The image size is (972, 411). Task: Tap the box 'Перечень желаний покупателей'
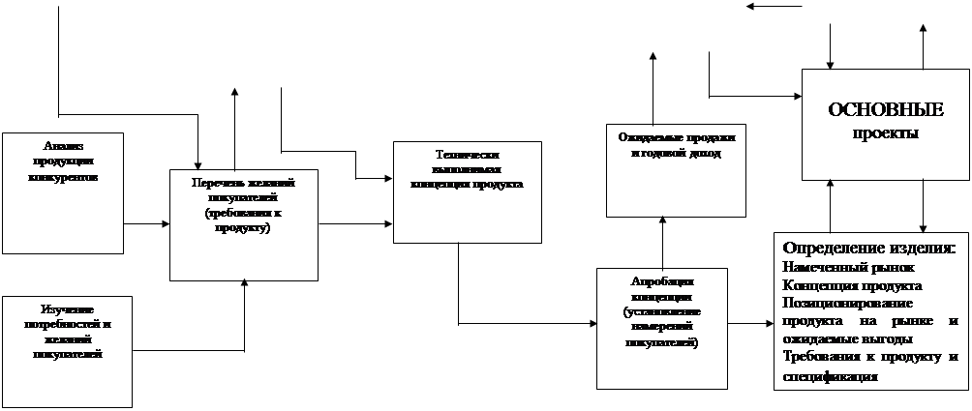(244, 224)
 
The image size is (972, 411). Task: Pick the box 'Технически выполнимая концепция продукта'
(467, 191)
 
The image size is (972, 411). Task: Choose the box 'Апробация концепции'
(663, 328)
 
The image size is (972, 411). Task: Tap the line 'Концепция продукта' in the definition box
(852, 285)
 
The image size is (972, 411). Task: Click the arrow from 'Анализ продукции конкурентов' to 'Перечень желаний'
(146, 224)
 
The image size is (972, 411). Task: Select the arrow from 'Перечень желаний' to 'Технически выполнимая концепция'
(355, 224)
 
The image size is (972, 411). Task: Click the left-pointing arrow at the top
(775, 8)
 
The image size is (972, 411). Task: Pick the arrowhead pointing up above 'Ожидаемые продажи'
(653, 59)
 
